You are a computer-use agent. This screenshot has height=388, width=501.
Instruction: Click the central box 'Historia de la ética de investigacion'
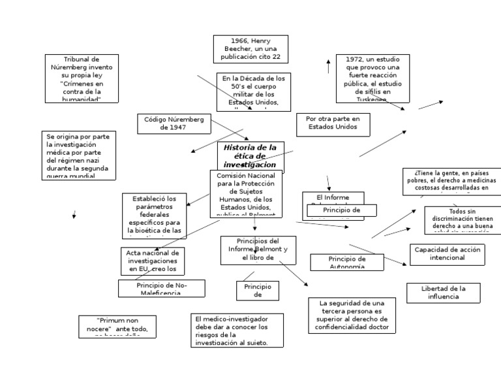coord(251,157)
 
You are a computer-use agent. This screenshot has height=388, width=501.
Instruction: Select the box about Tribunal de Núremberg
coord(82,78)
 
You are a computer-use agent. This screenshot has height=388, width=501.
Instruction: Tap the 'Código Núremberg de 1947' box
coord(174,123)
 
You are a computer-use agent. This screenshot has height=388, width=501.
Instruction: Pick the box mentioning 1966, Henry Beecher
coord(250,49)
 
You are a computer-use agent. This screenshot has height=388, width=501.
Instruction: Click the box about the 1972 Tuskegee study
coord(372,78)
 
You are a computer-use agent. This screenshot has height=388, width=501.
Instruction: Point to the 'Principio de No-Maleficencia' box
coord(161,288)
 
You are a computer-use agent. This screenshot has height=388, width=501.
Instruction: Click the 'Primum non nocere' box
coord(117,326)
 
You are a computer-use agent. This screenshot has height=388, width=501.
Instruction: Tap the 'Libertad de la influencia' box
coord(443,293)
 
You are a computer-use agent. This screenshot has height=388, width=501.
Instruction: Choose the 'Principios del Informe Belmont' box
coord(253,250)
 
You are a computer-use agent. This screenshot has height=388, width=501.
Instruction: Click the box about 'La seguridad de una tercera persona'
coord(352,315)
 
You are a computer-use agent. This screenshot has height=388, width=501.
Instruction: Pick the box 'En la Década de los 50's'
coord(253,91)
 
